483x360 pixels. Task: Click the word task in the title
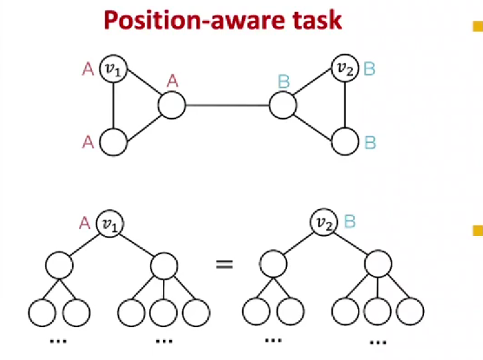pyautogui.click(x=317, y=20)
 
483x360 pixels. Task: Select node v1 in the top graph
pyautogui.click(x=113, y=69)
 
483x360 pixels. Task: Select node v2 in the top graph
pyautogui.click(x=345, y=68)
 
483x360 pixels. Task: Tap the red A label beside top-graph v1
pyautogui.click(x=88, y=69)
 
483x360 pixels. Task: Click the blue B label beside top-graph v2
pyautogui.click(x=370, y=68)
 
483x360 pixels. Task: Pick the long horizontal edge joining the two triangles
pyautogui.click(x=227, y=105)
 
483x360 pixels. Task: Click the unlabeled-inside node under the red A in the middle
pyautogui.click(x=172, y=105)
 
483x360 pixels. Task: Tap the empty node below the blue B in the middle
pyautogui.click(x=283, y=105)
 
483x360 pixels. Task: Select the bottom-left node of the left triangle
pyautogui.click(x=113, y=142)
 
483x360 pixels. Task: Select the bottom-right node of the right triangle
pyautogui.click(x=345, y=141)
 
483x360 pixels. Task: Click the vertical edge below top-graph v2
pyautogui.click(x=345, y=105)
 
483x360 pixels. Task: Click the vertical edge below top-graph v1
pyautogui.click(x=113, y=106)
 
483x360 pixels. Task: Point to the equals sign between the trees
pyautogui.click(x=224, y=264)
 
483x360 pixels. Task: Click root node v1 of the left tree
pyautogui.click(x=110, y=224)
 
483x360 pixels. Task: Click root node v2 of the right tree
pyautogui.click(x=324, y=223)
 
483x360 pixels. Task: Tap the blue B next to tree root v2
pyautogui.click(x=350, y=221)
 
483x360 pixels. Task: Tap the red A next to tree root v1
pyautogui.click(x=85, y=223)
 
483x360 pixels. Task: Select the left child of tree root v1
pyautogui.click(x=59, y=265)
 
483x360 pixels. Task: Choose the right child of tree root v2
pyautogui.click(x=378, y=264)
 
